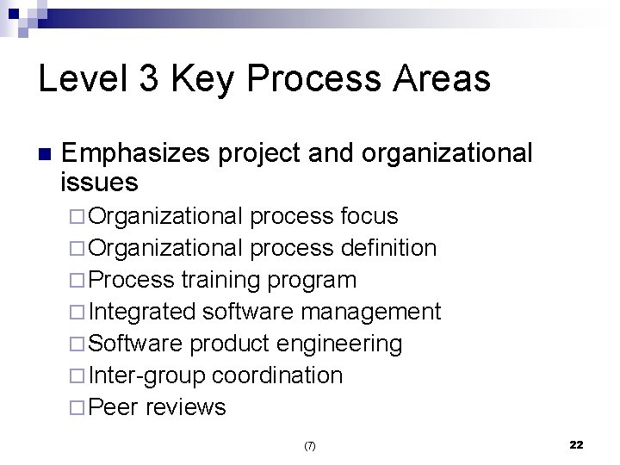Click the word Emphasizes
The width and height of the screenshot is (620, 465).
(x=138, y=153)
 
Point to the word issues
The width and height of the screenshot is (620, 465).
(x=100, y=182)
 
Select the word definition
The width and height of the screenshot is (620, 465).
(x=388, y=248)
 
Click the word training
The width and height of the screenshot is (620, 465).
(x=223, y=281)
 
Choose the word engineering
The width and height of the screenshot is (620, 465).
(x=343, y=344)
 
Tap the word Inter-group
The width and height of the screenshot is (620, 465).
(x=146, y=375)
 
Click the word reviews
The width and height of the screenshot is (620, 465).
(x=186, y=406)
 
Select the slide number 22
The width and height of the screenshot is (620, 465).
(x=576, y=444)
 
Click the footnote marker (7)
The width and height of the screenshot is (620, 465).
(x=310, y=446)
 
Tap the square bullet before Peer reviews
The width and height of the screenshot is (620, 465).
(x=77, y=407)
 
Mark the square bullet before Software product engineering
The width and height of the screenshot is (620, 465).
(x=77, y=344)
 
